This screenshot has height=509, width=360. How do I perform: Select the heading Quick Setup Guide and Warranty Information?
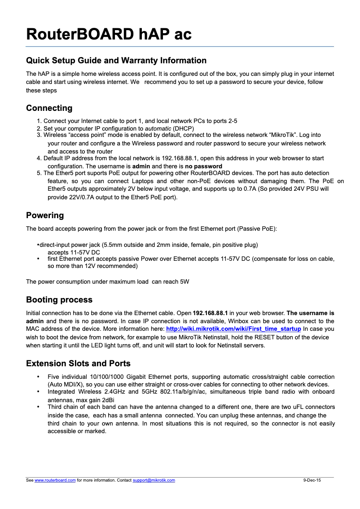(x=116, y=61)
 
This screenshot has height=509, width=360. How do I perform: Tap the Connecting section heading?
(x=49, y=108)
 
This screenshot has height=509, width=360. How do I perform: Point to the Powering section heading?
(x=45, y=215)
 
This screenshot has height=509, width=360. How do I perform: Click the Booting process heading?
(x=59, y=300)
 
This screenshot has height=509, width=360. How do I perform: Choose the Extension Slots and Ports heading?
(x=78, y=363)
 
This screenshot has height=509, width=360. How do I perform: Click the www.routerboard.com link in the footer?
(x=55, y=480)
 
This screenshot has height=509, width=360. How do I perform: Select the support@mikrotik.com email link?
(x=154, y=480)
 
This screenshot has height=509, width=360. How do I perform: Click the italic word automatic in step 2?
(x=158, y=128)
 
